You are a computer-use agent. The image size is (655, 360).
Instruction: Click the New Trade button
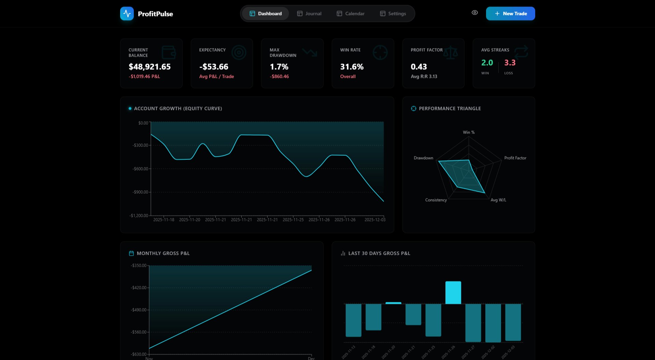(510, 14)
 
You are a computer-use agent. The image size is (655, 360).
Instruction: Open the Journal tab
(309, 14)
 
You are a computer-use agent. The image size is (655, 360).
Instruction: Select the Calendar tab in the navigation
(351, 14)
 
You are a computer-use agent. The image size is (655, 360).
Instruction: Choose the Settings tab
(393, 14)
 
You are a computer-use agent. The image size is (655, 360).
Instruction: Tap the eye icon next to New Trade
(474, 13)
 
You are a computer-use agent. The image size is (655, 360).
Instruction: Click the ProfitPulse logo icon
(127, 14)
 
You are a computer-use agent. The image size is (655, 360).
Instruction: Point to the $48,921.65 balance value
(149, 67)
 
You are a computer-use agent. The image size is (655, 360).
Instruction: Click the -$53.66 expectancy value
(214, 67)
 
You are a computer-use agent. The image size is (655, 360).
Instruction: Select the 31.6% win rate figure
(352, 67)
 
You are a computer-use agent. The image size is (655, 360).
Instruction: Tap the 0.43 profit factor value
(419, 67)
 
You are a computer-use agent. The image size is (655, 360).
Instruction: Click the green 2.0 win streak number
(487, 63)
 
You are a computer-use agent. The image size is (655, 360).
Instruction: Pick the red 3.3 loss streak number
(510, 63)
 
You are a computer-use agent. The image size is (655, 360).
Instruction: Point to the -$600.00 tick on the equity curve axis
(140, 169)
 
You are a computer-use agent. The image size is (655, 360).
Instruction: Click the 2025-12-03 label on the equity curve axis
(375, 220)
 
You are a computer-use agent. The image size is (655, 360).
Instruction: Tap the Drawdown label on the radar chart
(423, 158)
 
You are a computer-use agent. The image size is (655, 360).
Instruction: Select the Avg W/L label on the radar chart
(498, 200)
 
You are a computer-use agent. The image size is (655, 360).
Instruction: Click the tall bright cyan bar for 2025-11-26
(453, 293)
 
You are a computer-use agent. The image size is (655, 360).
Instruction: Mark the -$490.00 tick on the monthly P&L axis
(138, 310)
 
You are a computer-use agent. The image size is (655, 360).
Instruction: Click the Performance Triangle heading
(450, 108)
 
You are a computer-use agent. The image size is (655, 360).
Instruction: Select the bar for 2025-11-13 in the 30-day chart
(353, 320)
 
